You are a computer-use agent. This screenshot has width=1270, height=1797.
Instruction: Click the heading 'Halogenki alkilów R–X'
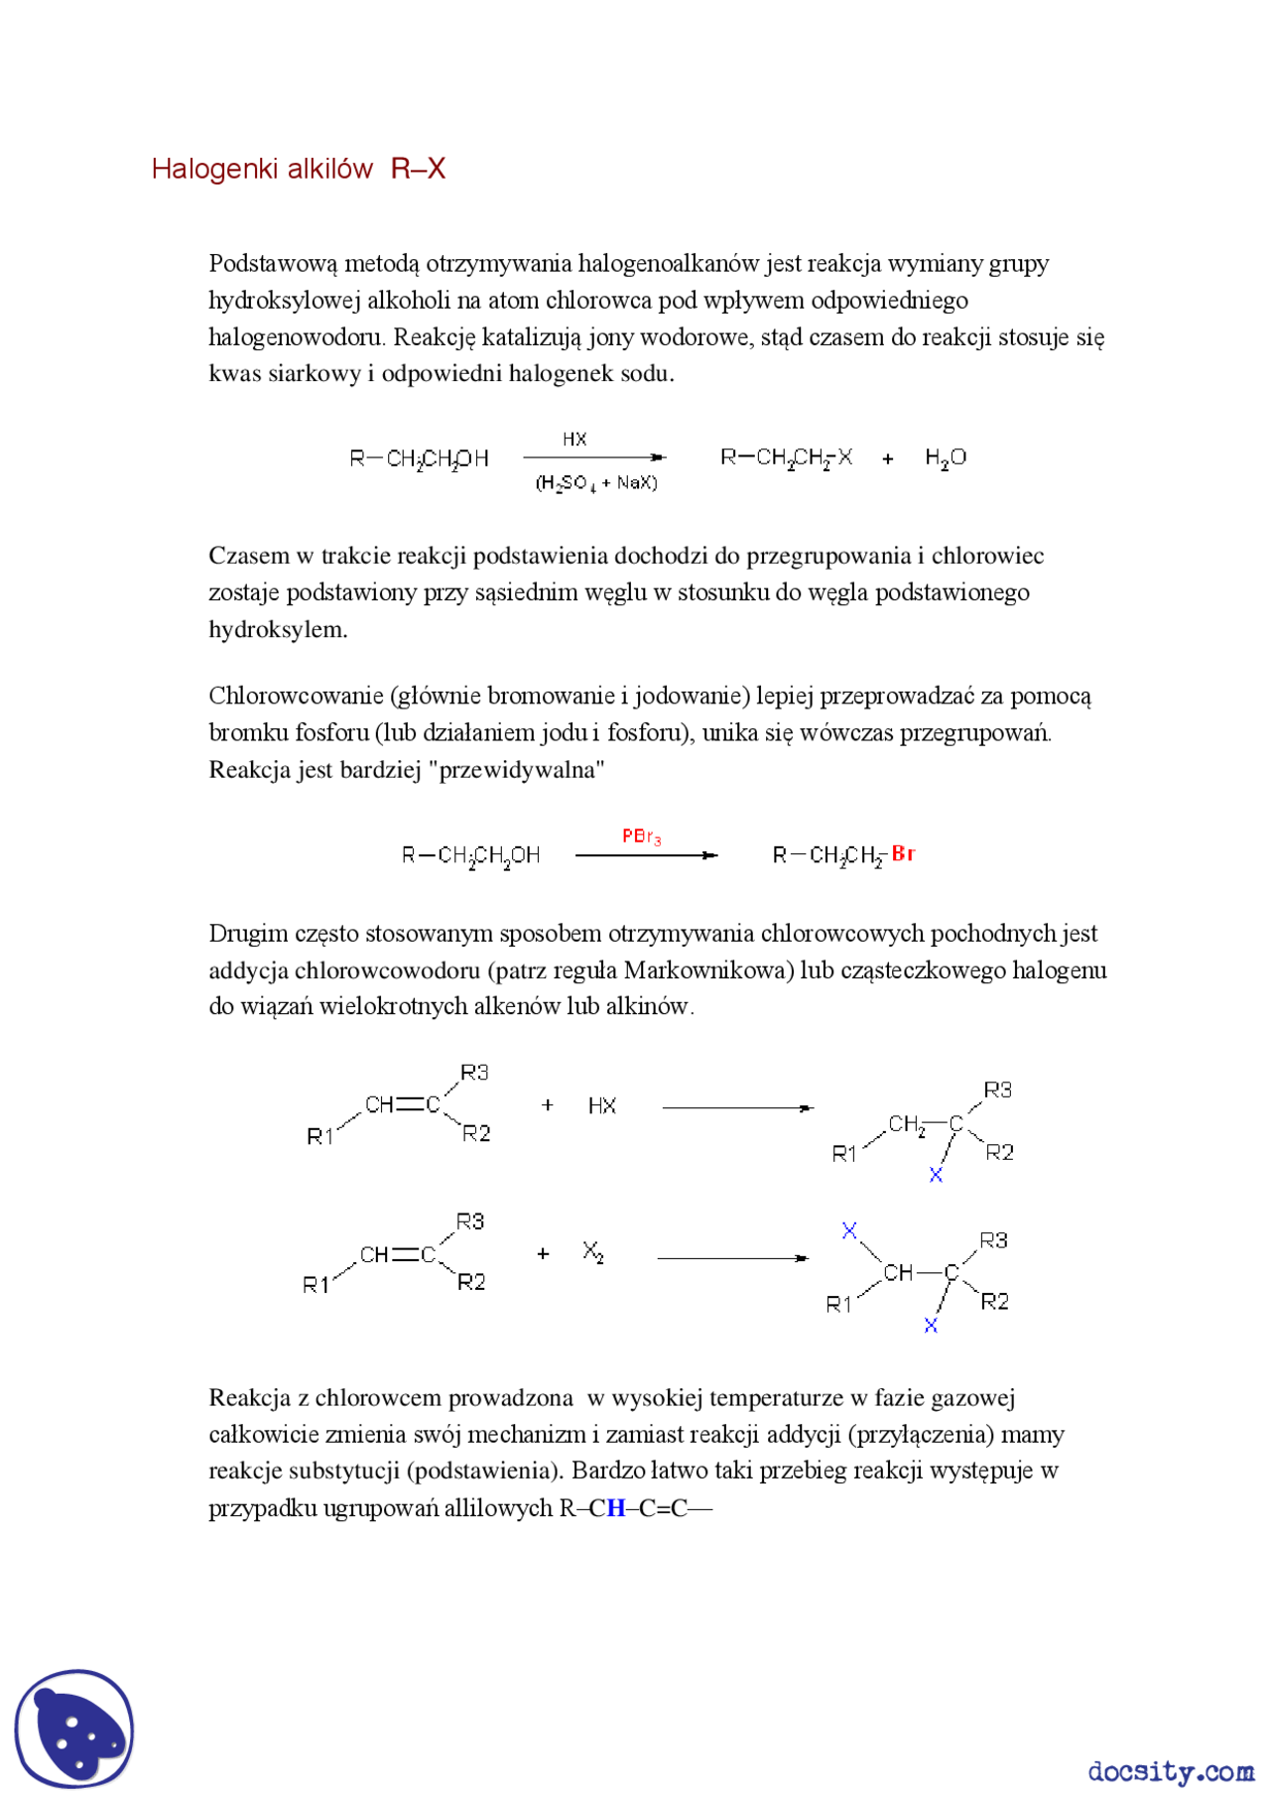point(298,169)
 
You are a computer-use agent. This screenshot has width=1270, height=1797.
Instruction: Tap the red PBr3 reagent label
point(641,836)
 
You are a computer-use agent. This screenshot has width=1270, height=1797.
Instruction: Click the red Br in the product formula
point(903,853)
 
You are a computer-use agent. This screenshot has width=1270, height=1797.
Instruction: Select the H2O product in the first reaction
point(945,457)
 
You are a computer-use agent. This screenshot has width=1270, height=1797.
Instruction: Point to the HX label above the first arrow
point(574,439)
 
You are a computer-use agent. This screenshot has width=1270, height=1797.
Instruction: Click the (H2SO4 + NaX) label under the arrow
point(596,483)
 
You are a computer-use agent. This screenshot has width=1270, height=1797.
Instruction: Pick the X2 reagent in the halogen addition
point(593,1252)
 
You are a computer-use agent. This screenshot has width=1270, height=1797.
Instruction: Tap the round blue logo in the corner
point(74,1728)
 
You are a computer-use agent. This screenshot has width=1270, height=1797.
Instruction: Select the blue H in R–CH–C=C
point(616,1508)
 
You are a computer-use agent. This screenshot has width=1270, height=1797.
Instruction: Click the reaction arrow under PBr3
point(646,854)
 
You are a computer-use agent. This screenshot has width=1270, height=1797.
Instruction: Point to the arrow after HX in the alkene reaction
point(737,1107)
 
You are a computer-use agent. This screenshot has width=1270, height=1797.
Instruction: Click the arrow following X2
point(732,1258)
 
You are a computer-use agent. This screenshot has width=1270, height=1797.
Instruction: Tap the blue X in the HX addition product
point(936,1175)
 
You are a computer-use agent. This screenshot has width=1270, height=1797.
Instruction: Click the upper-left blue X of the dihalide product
point(849,1230)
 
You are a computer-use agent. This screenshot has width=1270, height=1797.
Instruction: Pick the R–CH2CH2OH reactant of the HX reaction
point(419,458)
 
